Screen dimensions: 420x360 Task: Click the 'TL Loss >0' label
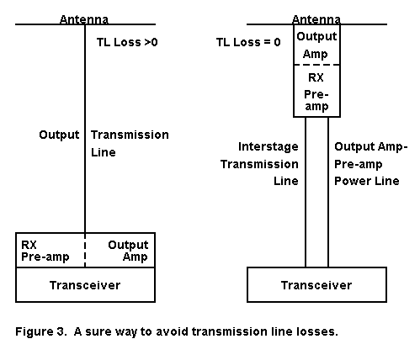(x=127, y=42)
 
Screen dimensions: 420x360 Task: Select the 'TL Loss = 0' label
(x=248, y=42)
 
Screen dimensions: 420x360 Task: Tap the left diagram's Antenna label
(x=84, y=19)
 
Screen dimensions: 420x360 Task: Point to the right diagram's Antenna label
(x=316, y=19)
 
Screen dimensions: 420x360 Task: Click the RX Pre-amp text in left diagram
(x=45, y=251)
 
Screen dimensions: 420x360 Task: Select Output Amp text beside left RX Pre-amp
(x=128, y=251)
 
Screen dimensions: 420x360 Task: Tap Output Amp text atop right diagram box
(x=316, y=45)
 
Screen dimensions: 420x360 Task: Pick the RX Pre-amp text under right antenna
(x=316, y=93)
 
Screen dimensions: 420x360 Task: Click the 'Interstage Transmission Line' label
(x=259, y=164)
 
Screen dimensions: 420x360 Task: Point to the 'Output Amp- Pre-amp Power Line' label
(x=370, y=164)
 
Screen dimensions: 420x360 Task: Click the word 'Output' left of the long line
(x=59, y=135)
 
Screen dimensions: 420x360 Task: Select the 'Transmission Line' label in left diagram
(x=130, y=144)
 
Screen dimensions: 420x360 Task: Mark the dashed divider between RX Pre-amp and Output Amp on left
(x=85, y=250)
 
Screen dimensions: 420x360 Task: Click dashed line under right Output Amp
(x=316, y=65)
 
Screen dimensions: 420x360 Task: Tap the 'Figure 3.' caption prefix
(x=41, y=331)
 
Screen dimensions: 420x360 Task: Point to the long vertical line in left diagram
(x=85, y=129)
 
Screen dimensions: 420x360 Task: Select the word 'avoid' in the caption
(x=172, y=331)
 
